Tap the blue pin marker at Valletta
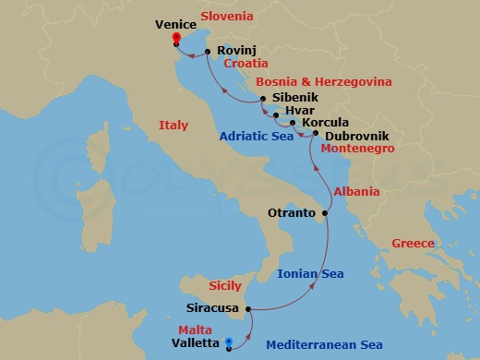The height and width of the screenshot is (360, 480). pos(229,342)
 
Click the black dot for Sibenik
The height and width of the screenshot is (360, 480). pos(263,99)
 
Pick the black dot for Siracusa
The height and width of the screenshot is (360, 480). pos(248,309)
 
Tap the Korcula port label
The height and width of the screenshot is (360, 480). pos(325,123)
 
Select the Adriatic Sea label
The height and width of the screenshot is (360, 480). pos(256,137)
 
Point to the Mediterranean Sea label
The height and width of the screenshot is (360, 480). pos(324,345)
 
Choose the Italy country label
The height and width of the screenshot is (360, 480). pos(174,126)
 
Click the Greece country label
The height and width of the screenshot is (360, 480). pos(412,244)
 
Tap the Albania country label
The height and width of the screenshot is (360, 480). pos(356,192)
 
